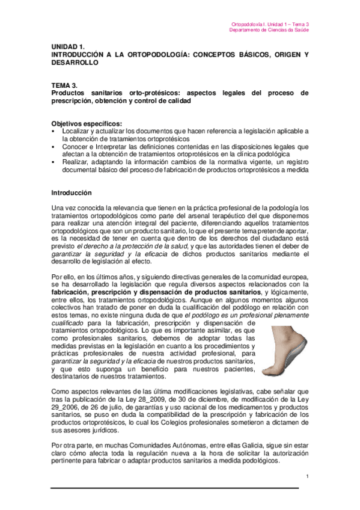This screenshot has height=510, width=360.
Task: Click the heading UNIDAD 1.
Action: tap(67, 46)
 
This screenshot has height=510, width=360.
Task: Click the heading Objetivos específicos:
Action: tap(87, 123)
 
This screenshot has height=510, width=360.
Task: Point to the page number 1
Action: tap(307, 477)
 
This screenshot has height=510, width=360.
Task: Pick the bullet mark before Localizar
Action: tap(53, 131)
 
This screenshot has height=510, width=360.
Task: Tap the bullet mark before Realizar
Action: tap(53, 161)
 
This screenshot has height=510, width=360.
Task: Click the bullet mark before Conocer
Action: tap(53, 146)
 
